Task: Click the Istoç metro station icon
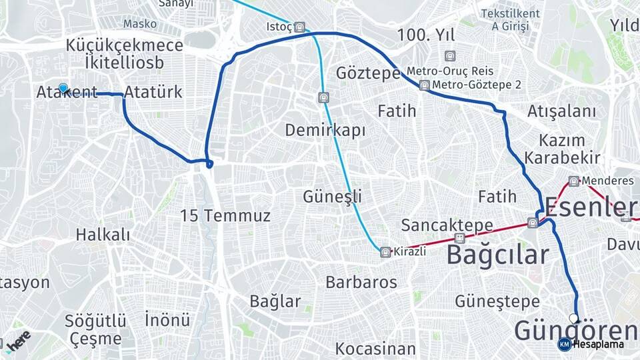[300, 27]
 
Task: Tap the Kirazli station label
[409, 252]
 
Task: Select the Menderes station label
[607, 181]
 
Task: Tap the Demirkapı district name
[325, 130]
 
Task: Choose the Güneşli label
[332, 197]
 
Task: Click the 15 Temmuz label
[225, 215]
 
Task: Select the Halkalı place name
[103, 235]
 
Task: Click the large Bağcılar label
[497, 255]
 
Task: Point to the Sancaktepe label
[447, 225]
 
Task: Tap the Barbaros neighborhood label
[361, 282]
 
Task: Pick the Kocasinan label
[375, 348]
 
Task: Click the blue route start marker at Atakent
[63, 88]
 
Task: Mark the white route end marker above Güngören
[573, 318]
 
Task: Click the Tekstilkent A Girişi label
[510, 20]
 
